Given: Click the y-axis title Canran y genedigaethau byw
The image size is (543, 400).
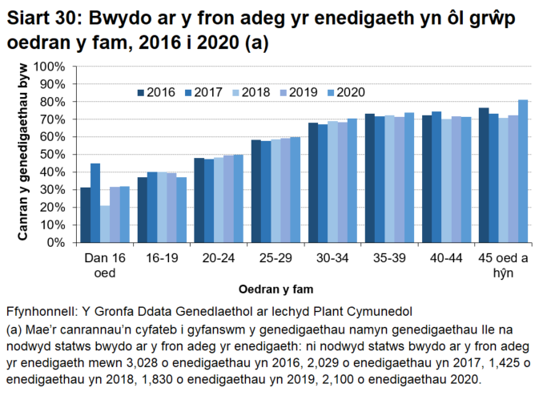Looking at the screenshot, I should [25, 154].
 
